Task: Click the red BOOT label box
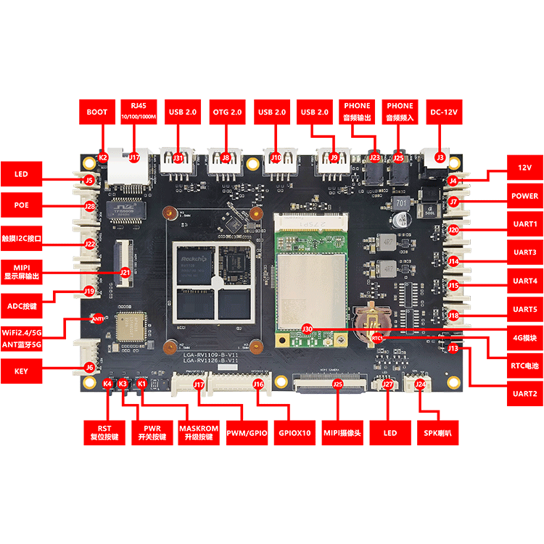click(x=96, y=112)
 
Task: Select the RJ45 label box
click(x=139, y=112)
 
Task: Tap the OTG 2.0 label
click(x=226, y=112)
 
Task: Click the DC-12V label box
click(x=442, y=112)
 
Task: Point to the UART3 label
click(x=524, y=252)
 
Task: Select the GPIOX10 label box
click(x=294, y=432)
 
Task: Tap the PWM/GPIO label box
click(x=247, y=432)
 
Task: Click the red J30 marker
click(x=307, y=328)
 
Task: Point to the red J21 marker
click(x=125, y=273)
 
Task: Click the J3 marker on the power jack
click(x=440, y=157)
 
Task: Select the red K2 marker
click(x=103, y=157)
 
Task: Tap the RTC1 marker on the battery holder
click(x=377, y=337)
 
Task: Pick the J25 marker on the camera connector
click(x=337, y=384)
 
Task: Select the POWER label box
click(x=524, y=196)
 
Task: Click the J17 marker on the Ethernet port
click(x=134, y=157)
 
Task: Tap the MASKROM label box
click(x=198, y=433)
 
